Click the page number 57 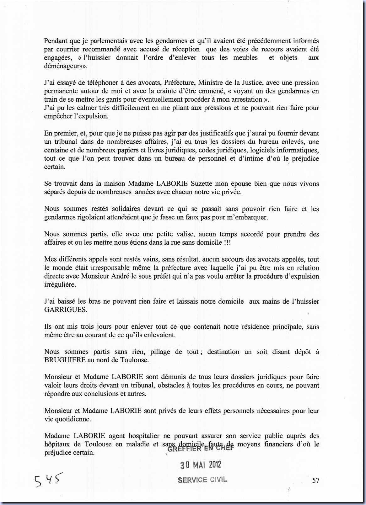tap(315, 480)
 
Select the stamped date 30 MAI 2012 tap(201, 465)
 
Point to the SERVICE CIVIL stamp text tap(202, 480)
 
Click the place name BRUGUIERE tap(65, 360)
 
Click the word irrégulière tap(60, 284)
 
